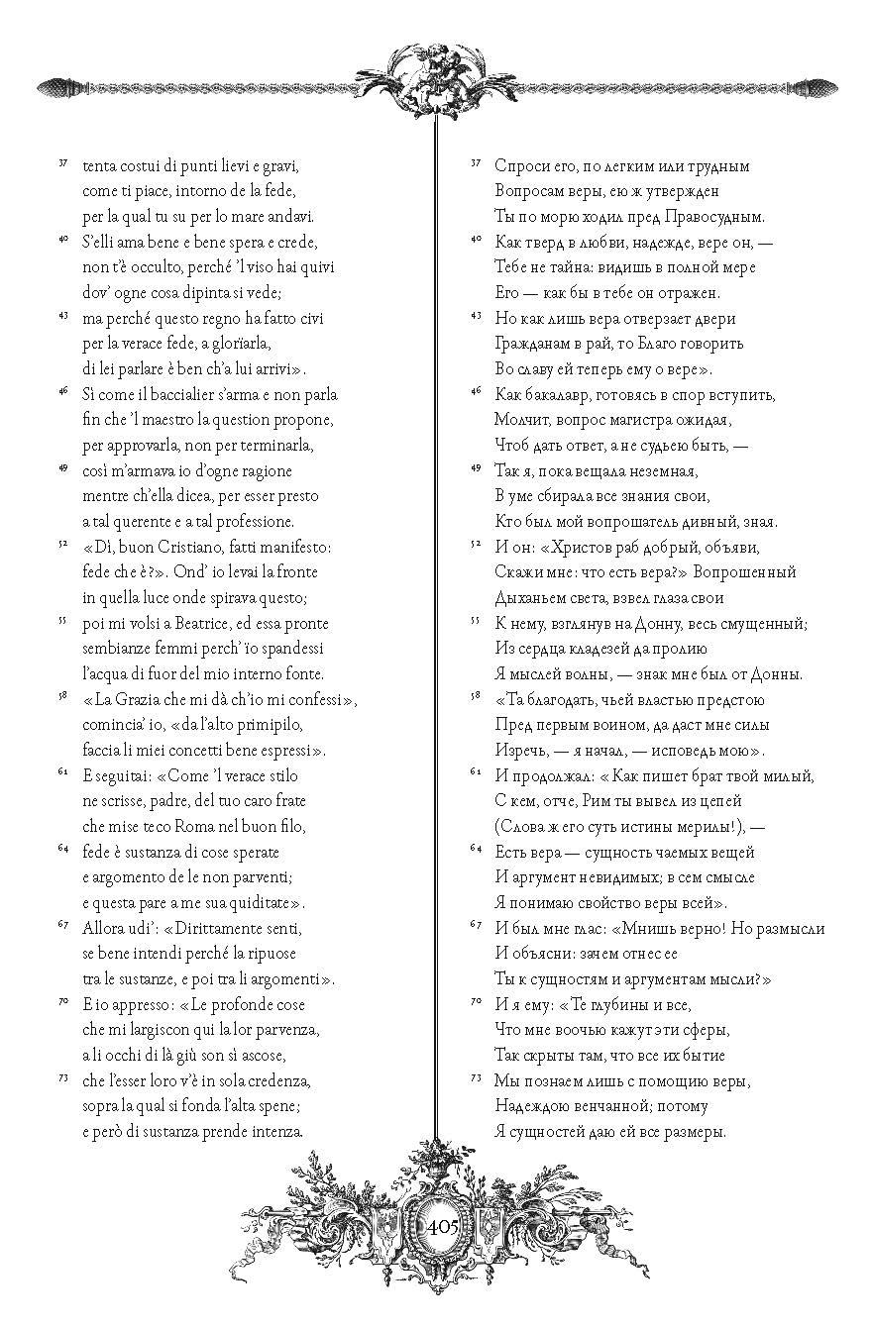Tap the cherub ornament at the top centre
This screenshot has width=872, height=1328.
click(437, 75)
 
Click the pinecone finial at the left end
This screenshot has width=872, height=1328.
click(55, 88)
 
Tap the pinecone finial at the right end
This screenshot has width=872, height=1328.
click(818, 88)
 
